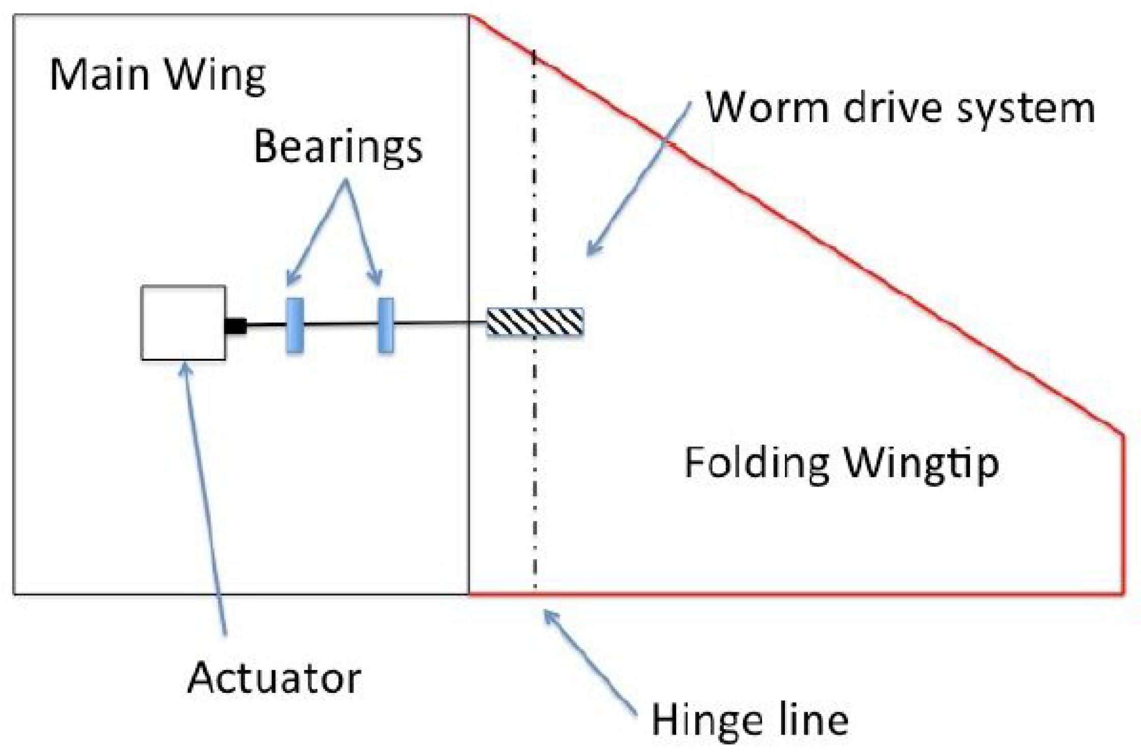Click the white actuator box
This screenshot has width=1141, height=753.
pos(183,323)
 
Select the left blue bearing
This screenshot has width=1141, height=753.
pos(295,325)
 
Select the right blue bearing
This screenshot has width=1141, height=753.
pos(386,325)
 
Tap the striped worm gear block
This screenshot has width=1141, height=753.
pos(535,322)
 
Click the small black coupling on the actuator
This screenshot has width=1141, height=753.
pos(236,326)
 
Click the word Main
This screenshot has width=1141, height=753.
pos(99,75)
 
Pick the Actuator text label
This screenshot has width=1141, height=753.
pos(274,678)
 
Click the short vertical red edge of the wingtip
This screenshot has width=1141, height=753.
pos(1123,514)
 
